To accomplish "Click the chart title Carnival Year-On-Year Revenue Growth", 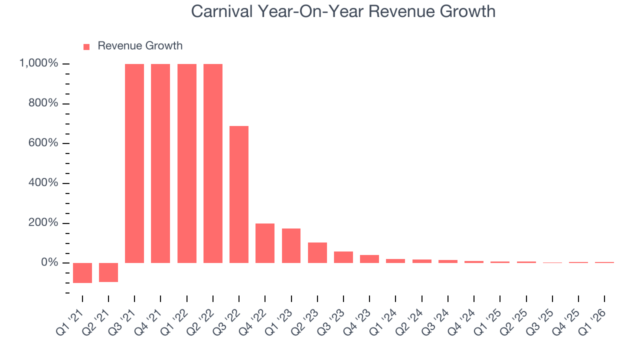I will pyautogui.click(x=343, y=11).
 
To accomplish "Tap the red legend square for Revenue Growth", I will pyautogui.click(x=86, y=46).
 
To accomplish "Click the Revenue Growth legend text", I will pyautogui.click(x=140, y=46).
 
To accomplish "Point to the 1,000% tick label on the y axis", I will pyautogui.click(x=38, y=63).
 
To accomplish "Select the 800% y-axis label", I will pyautogui.click(x=44, y=103).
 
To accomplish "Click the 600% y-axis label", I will pyautogui.click(x=44, y=143).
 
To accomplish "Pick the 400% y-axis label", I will pyautogui.click(x=44, y=183).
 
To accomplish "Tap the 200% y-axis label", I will pyautogui.click(x=44, y=222).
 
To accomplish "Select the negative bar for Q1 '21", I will pyautogui.click(x=82, y=272).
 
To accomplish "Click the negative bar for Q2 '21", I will pyautogui.click(x=108, y=272).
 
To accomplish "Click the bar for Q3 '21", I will pyautogui.click(x=134, y=163).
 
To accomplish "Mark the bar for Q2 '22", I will pyautogui.click(x=213, y=163).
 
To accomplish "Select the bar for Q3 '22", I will pyautogui.click(x=239, y=194).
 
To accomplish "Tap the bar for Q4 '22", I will pyautogui.click(x=265, y=243).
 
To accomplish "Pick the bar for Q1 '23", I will pyautogui.click(x=291, y=245).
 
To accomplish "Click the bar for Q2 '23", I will pyautogui.click(x=317, y=252).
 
